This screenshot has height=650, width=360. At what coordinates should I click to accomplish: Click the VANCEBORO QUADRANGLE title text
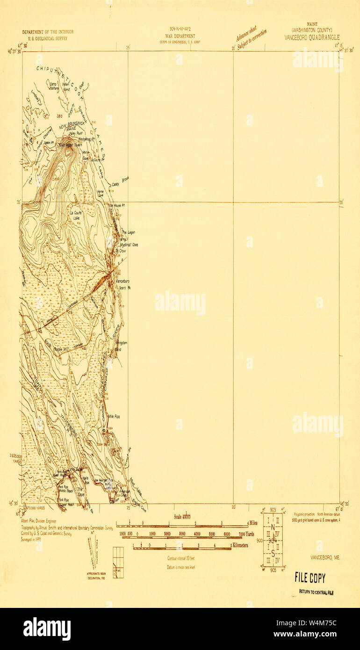tap(312, 37)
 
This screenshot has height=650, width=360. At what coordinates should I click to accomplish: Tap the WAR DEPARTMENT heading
tap(180, 36)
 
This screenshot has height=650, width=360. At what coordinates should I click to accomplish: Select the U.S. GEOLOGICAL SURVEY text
tap(48, 38)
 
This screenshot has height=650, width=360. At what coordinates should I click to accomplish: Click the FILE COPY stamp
tap(310, 578)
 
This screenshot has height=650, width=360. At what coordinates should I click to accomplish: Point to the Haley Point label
tap(76, 133)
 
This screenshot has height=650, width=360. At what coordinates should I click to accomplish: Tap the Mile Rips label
tap(115, 416)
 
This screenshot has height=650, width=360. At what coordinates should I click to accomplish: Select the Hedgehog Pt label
tap(87, 139)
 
